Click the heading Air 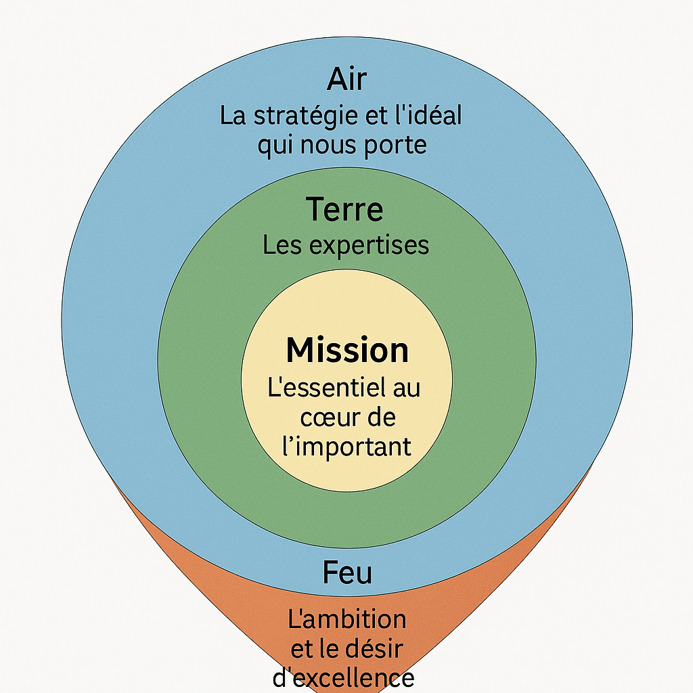tap(346, 80)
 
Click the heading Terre tap(345, 209)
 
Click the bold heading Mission tap(347, 351)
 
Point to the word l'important tap(346, 447)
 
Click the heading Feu tap(346, 573)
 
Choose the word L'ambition tap(347, 619)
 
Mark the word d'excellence tap(344, 678)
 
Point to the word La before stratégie tap(233, 116)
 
